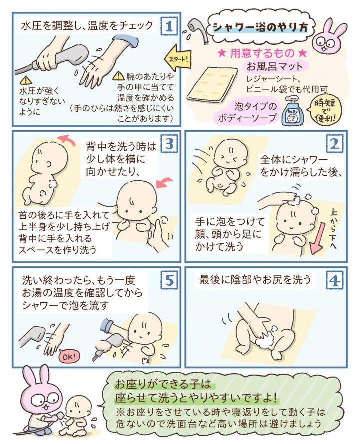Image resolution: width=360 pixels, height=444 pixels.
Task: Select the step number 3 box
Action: [169, 144]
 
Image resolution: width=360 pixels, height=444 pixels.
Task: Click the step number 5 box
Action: [169, 281]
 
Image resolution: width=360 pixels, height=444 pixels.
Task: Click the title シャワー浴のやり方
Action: [260, 28]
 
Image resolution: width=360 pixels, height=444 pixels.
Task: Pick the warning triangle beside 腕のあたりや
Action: [118, 76]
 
